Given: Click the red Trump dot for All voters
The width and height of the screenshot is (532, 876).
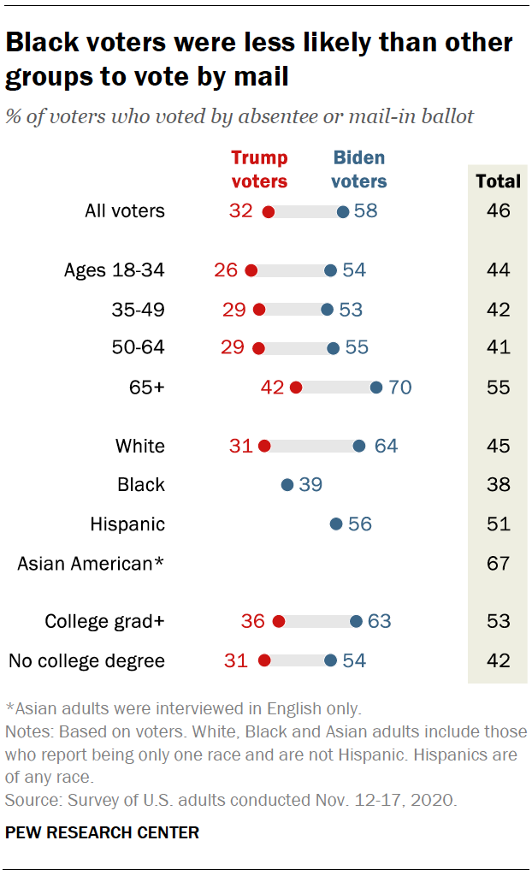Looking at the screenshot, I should pyautogui.click(x=268, y=211).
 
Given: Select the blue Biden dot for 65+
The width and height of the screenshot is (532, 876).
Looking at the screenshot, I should pyautogui.click(x=376, y=388).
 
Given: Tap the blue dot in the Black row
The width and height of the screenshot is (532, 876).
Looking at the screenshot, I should pyautogui.click(x=287, y=485).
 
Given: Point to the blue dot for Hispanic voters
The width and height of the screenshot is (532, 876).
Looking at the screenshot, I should pyautogui.click(x=336, y=524).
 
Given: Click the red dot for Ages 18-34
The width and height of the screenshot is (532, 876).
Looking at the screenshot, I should pyautogui.click(x=251, y=270).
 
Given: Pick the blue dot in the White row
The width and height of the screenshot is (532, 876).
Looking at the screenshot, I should pyautogui.click(x=359, y=446).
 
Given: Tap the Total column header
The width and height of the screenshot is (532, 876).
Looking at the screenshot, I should pyautogui.click(x=498, y=181).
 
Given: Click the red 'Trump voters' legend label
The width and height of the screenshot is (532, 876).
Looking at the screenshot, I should pyautogui.click(x=259, y=169).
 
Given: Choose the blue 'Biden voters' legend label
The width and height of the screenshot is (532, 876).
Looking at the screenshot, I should pyautogui.click(x=359, y=169).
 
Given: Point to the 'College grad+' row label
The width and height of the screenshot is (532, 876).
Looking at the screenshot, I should pyautogui.click(x=104, y=622).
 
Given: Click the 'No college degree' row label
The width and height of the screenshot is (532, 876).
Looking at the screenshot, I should pyautogui.click(x=86, y=660).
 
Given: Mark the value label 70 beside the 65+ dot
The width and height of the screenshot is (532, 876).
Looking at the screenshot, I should pyautogui.click(x=399, y=388).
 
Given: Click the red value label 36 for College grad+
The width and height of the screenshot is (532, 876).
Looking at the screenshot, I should pyautogui.click(x=253, y=622).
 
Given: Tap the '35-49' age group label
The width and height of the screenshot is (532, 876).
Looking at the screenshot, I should pyautogui.click(x=139, y=310).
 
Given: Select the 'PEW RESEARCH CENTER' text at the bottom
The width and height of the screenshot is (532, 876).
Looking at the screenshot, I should pyautogui.click(x=102, y=832).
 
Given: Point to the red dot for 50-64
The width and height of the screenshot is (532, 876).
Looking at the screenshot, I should pyautogui.click(x=259, y=348).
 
